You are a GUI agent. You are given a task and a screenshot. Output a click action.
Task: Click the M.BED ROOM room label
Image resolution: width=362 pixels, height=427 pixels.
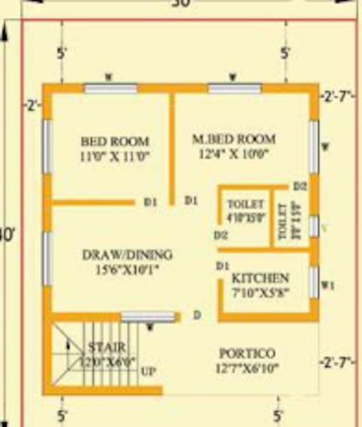[x=233, y=138]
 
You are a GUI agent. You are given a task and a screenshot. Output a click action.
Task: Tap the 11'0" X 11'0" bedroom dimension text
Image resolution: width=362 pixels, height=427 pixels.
[x=115, y=154]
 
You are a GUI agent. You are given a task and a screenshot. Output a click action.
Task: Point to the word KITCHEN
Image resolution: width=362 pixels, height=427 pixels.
[x=260, y=278]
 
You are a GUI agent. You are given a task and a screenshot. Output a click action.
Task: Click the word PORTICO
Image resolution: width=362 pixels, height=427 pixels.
[x=247, y=353]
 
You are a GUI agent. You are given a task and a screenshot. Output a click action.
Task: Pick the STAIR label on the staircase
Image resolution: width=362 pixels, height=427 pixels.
[x=107, y=347]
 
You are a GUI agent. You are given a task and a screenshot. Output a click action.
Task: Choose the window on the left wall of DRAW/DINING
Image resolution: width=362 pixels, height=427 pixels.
[x=48, y=257]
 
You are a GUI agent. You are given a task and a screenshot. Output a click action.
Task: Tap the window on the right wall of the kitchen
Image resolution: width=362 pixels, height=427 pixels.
[x=314, y=282]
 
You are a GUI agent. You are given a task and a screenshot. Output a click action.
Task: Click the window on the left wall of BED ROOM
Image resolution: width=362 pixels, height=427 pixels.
[x=48, y=146]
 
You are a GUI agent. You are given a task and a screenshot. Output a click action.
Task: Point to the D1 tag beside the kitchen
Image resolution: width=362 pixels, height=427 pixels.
[x=222, y=265]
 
